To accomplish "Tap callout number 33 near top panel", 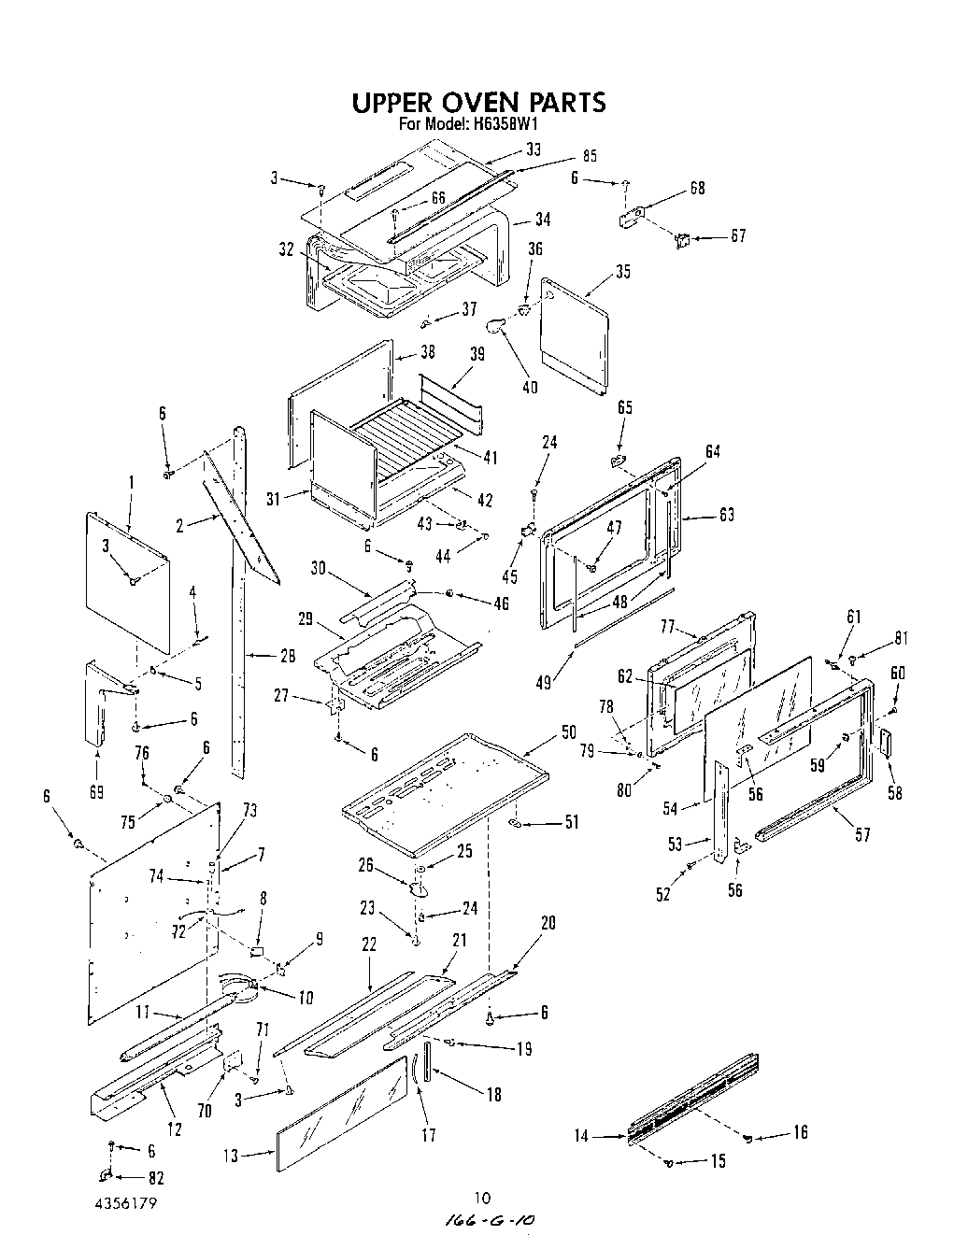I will click(533, 149).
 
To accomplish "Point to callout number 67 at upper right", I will click(737, 236).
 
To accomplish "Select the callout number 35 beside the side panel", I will click(622, 272).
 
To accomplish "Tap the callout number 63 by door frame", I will click(726, 515).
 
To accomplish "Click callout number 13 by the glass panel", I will click(231, 1156).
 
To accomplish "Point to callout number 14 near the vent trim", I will click(582, 1136).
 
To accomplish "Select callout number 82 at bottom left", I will click(142, 1178).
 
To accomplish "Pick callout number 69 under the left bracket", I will click(96, 792).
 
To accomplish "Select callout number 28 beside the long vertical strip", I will click(288, 657).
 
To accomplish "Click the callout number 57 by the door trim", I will click(861, 834).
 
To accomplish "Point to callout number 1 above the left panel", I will click(132, 482).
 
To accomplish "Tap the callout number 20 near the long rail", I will click(548, 922).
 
